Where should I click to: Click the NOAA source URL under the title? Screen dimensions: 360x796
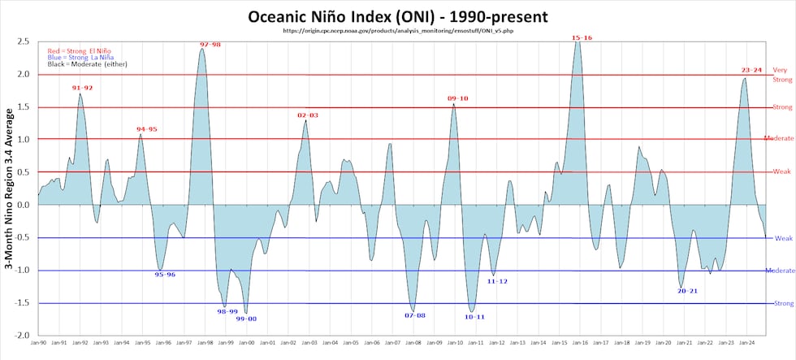pyautogui.click(x=397, y=31)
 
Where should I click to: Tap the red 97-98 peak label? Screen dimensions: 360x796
pyautogui.click(x=210, y=44)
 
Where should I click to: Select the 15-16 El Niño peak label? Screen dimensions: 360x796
pyautogui.click(x=581, y=37)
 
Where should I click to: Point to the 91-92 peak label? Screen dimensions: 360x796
pyautogui.click(x=82, y=88)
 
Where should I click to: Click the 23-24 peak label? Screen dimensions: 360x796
pyautogui.click(x=751, y=70)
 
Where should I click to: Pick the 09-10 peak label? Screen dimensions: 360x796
pyautogui.click(x=457, y=98)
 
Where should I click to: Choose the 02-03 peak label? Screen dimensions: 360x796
pyautogui.click(x=308, y=115)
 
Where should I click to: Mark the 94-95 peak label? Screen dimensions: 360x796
pyautogui.click(x=147, y=129)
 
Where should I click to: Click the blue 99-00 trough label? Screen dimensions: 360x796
pyautogui.click(x=246, y=319)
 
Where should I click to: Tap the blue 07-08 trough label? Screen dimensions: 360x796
pyautogui.click(x=415, y=315)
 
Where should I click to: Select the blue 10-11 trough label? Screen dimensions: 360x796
pyautogui.click(x=475, y=317)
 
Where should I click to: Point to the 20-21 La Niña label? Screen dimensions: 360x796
pyautogui.click(x=687, y=290)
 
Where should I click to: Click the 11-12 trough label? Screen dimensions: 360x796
pyautogui.click(x=497, y=281)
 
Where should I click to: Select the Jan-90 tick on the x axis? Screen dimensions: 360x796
pyautogui.click(x=38, y=345)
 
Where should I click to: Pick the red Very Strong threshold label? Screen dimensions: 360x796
pyautogui.click(x=781, y=75)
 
